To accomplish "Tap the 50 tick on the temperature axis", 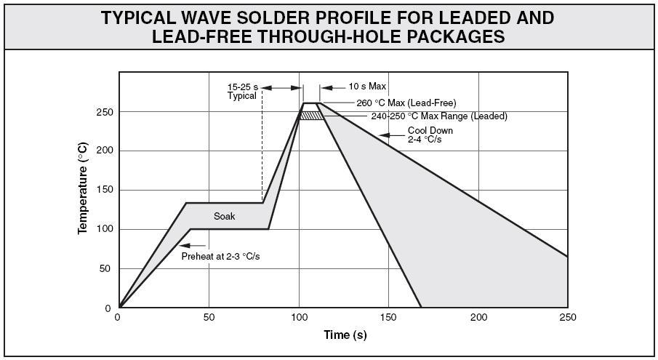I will [x=105, y=269].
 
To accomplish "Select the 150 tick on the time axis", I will [x=388, y=318].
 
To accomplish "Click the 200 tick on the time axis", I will [x=478, y=318].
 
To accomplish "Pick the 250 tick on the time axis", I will [x=568, y=318].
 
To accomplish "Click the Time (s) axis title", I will [x=345, y=335].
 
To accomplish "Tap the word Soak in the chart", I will [x=224, y=216].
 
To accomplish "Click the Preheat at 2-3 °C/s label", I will [x=220, y=256].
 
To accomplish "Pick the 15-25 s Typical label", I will [x=244, y=92].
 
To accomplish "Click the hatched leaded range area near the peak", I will [x=311, y=116].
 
